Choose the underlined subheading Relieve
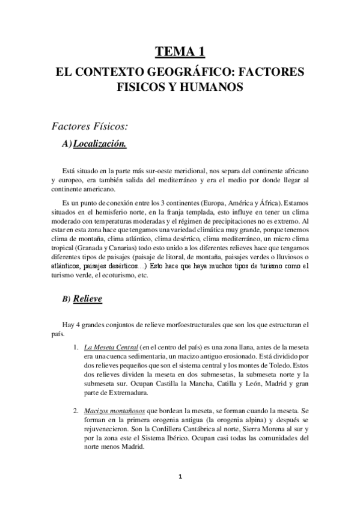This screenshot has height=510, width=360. tap(88, 298)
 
